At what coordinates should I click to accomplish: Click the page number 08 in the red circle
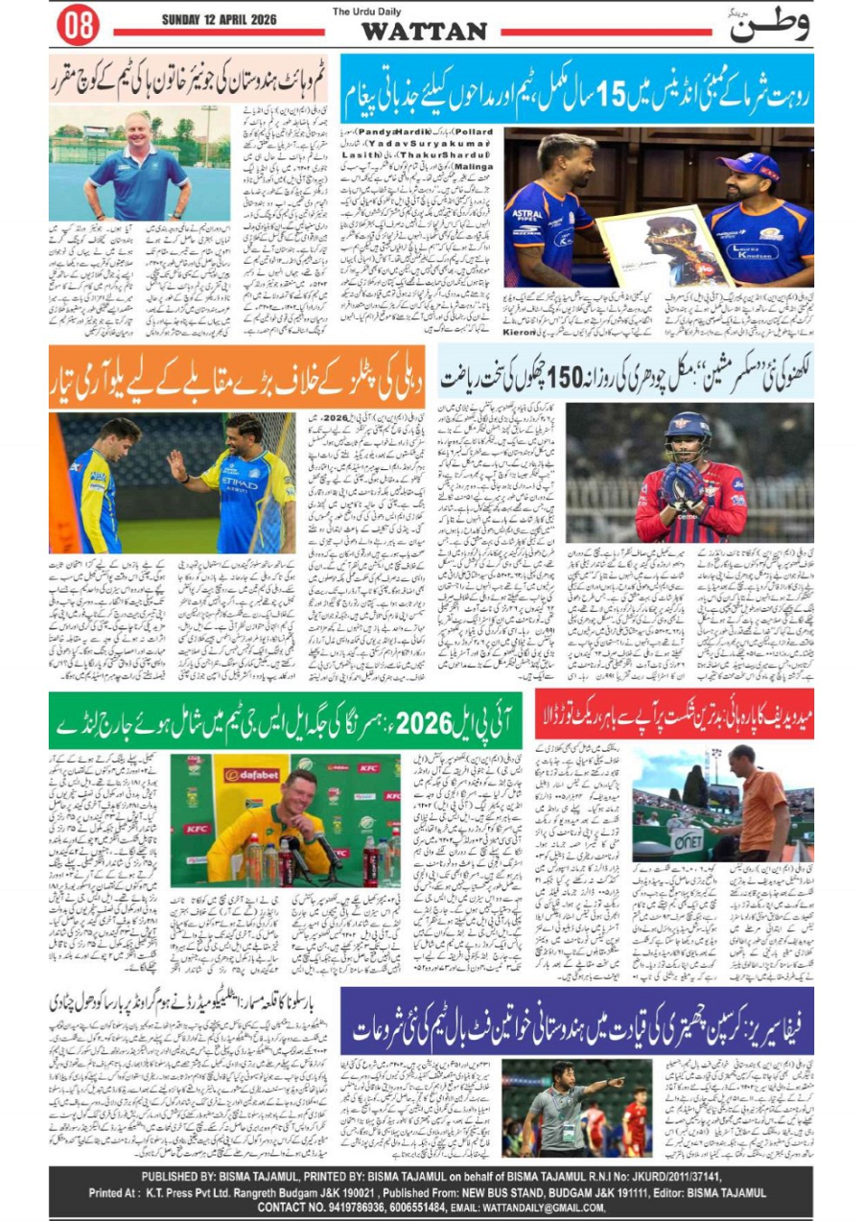pos(78,26)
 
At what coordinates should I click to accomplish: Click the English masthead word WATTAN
pos(423,32)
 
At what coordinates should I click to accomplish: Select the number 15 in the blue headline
pos(612,97)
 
